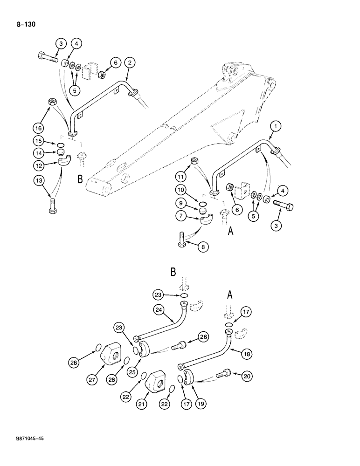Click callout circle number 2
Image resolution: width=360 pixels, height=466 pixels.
point(130,62)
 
